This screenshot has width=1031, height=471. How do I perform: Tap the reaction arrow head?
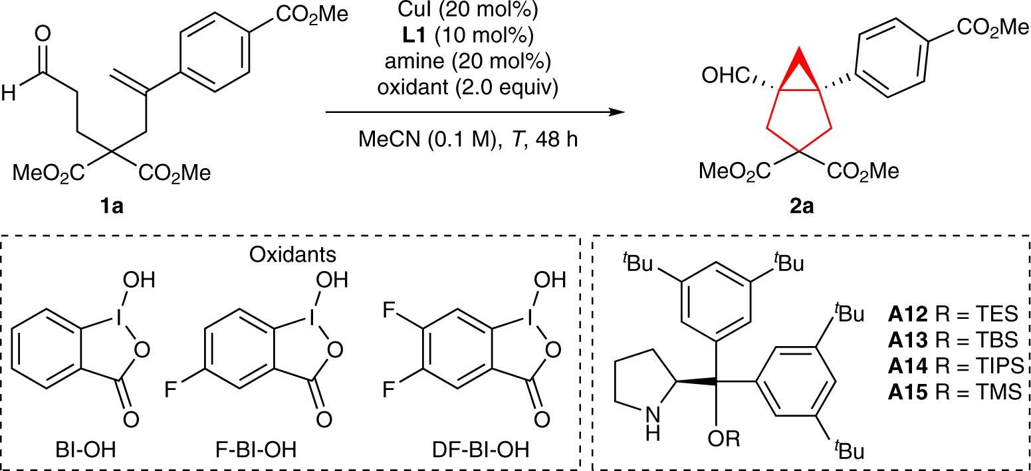(618, 113)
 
